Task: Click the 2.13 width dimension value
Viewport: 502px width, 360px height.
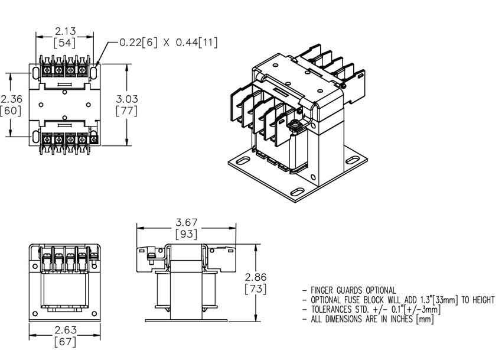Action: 66,31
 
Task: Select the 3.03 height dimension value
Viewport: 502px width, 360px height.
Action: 127,99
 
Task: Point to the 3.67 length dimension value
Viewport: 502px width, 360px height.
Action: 186,222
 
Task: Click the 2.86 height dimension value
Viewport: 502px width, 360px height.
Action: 256,277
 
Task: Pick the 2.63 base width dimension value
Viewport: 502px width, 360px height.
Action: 66,330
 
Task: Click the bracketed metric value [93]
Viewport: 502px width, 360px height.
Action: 186,234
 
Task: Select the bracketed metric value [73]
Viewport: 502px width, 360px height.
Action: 256,289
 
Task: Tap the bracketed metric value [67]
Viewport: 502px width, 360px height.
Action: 66,342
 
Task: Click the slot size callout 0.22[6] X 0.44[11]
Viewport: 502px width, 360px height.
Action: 168,43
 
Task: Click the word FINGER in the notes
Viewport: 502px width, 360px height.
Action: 322,290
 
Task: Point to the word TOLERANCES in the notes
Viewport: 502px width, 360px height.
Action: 331,310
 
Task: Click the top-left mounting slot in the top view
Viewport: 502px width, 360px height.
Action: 35,73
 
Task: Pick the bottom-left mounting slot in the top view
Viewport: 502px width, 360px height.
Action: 35,137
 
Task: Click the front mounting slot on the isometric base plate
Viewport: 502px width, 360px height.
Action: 298,192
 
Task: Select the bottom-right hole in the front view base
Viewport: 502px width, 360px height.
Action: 94,313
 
